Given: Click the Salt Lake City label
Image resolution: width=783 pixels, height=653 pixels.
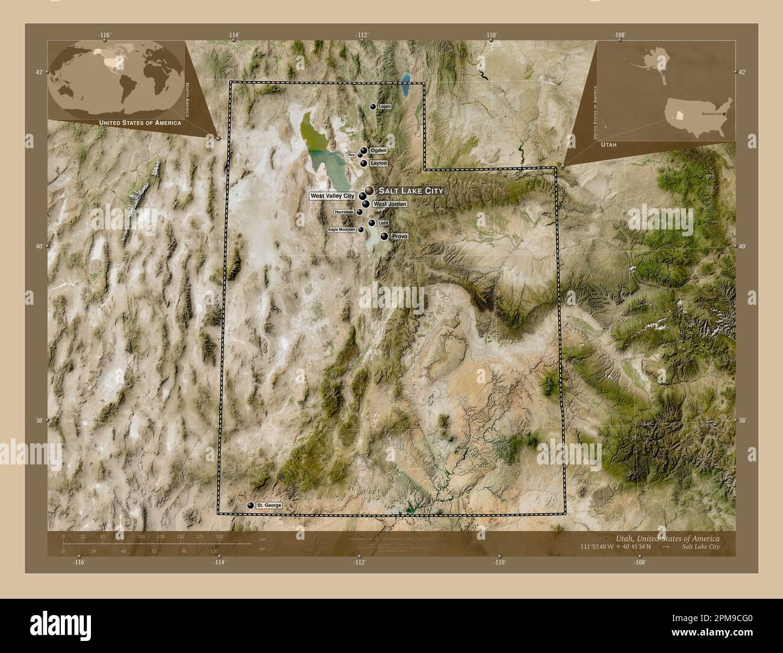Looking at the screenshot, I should click(x=410, y=190).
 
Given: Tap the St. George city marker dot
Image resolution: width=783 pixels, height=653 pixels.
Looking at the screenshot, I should click(x=250, y=505).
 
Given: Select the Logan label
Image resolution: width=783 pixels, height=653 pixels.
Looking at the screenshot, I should click(x=385, y=107).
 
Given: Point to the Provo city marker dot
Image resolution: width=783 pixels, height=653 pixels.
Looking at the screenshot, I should click(x=384, y=237).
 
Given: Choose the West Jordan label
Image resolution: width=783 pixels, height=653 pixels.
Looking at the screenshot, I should click(x=390, y=205).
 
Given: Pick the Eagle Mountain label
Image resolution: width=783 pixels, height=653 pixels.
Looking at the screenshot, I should click(x=342, y=230).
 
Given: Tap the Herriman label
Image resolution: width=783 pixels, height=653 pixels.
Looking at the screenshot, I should click(x=344, y=212).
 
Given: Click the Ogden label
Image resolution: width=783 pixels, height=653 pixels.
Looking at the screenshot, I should click(x=378, y=150).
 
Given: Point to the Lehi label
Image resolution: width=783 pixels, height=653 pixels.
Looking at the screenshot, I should click(x=384, y=223).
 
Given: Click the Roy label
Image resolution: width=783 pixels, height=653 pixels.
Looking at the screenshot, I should click(x=351, y=155).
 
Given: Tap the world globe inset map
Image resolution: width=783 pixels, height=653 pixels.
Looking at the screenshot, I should click(x=115, y=78).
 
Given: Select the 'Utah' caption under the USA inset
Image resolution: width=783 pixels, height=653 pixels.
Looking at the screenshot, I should click(x=608, y=146).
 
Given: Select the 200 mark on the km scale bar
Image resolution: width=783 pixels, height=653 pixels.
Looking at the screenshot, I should click(x=219, y=536).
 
